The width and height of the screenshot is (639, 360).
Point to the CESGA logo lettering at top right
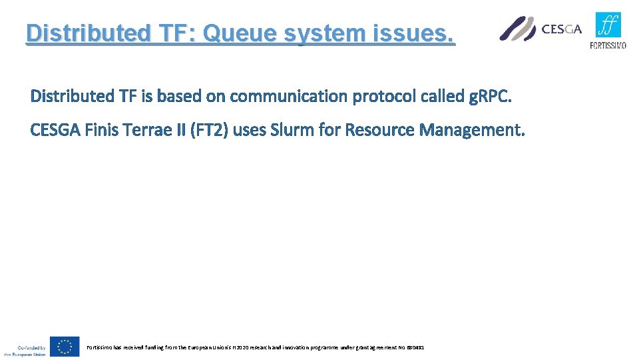(x=562, y=29)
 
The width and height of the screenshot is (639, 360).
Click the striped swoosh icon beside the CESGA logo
(x=517, y=29)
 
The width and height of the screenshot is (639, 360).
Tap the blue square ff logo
(x=608, y=25)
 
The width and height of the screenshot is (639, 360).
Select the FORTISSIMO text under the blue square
(x=608, y=45)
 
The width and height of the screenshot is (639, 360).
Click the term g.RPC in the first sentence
(x=489, y=97)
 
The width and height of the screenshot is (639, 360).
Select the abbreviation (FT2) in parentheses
(x=209, y=129)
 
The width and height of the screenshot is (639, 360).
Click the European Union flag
(x=65, y=347)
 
